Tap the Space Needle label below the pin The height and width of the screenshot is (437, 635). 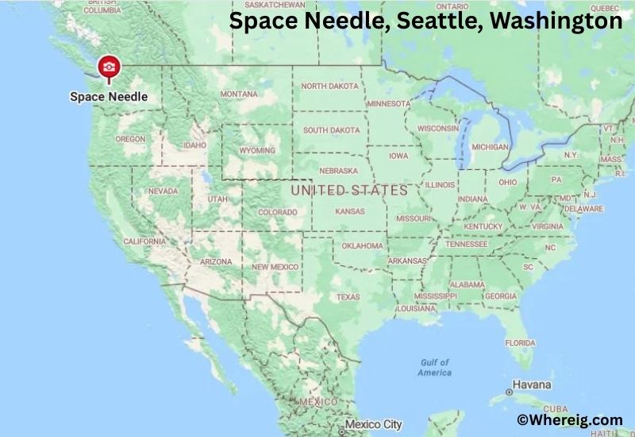109,97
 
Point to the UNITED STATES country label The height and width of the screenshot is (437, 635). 349,191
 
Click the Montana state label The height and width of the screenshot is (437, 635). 238,94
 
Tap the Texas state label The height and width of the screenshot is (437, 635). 348,297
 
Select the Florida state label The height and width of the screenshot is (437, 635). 519,343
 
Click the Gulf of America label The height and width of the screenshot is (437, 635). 434,368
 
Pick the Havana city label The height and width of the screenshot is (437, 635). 532,385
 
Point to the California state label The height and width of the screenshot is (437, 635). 144,241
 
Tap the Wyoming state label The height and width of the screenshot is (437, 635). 256,150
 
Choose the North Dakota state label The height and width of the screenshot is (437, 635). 329,86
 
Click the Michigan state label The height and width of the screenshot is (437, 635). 489,147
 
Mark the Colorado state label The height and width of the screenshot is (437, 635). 277,212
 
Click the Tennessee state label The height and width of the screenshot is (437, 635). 466,244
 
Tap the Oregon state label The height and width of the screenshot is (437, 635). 130,138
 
